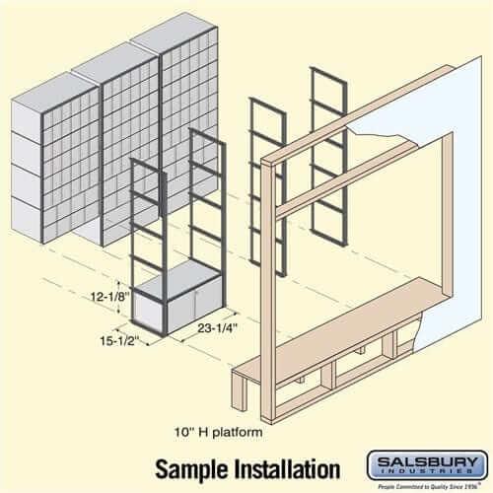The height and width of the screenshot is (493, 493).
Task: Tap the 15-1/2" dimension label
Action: point(114,340)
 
